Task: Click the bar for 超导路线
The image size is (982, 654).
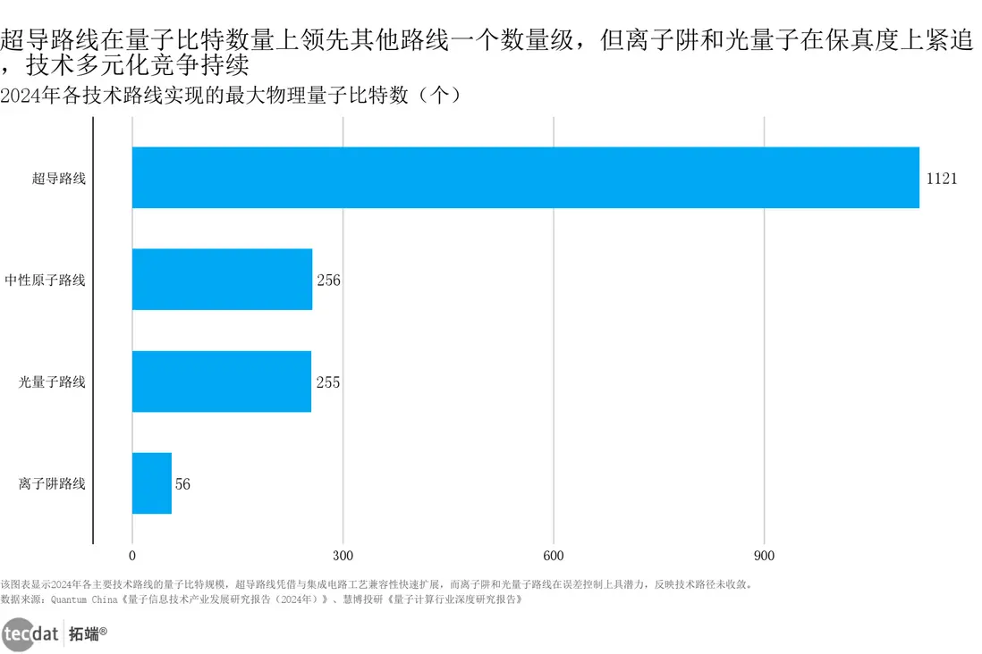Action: tap(525, 178)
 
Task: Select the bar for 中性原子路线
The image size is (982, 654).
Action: tap(222, 280)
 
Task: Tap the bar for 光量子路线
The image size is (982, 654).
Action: tap(222, 381)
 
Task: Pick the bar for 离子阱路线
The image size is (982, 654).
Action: tap(152, 483)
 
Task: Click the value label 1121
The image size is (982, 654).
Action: tap(941, 179)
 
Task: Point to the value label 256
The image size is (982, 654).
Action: tap(328, 281)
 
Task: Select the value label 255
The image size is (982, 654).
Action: tap(327, 382)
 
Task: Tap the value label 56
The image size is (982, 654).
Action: tap(182, 484)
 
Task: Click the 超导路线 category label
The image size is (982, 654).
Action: tap(59, 179)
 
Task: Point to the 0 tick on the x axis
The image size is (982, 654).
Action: tap(132, 555)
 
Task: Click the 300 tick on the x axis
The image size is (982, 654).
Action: tap(343, 555)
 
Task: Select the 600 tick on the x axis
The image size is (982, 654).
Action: tap(554, 555)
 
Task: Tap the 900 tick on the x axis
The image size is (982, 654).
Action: tap(764, 555)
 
